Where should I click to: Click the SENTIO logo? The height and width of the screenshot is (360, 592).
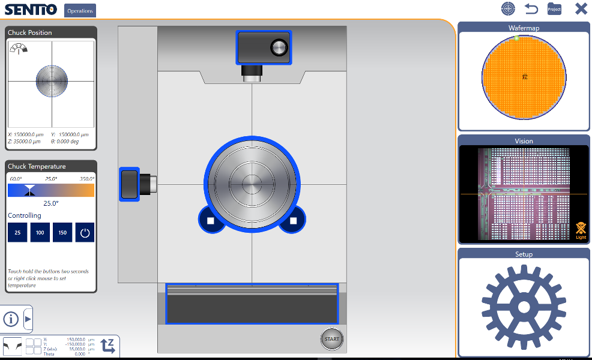31,10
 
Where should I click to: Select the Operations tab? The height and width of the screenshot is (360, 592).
80,10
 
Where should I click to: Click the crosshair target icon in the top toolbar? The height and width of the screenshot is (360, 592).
509,9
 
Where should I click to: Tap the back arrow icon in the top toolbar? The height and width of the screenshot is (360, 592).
531,9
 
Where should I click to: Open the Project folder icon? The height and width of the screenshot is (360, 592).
554,9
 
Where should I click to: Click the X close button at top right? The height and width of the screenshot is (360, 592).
581,9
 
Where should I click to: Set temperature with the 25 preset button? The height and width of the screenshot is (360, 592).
17,233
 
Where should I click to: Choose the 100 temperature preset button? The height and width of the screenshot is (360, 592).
40,233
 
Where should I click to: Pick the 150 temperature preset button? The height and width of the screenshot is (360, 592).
62,233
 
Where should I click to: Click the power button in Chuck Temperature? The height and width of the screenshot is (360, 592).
85,233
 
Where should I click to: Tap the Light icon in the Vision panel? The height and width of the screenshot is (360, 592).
581,230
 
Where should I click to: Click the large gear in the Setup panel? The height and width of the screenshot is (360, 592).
524,307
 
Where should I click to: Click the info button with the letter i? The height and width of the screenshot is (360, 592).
11,318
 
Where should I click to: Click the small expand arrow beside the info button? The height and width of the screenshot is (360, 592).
28,318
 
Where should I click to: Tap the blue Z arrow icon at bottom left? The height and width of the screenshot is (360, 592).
108,346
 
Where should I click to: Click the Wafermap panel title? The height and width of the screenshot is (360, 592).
524,28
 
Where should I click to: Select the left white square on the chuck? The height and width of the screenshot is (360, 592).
211,221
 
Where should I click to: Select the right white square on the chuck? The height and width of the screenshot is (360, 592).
293,221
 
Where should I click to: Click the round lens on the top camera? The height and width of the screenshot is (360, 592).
279,47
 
